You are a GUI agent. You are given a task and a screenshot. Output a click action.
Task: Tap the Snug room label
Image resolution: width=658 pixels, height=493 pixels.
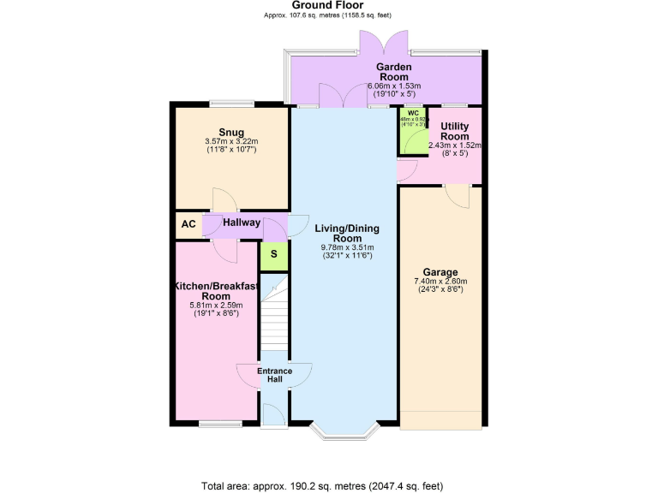tap(230, 132)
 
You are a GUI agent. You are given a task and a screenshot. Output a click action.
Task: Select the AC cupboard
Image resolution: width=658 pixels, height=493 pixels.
tap(188, 224)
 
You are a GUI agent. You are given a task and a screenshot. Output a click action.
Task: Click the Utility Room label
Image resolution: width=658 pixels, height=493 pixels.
tap(454, 131)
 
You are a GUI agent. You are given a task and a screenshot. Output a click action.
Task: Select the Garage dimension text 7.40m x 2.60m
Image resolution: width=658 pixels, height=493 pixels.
tap(440, 282)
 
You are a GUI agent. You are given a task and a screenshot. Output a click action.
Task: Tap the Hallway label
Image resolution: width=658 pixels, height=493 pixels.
tap(241, 223)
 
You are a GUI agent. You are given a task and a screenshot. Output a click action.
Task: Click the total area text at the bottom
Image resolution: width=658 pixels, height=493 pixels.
tap(322, 484)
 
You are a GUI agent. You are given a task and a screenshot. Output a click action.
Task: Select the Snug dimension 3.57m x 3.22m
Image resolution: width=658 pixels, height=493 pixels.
tap(230, 142)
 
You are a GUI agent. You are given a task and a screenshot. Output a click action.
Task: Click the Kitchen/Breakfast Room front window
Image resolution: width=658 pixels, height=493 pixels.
tap(215, 423)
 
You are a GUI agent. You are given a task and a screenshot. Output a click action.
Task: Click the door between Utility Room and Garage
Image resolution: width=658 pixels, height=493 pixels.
tap(460, 196)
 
